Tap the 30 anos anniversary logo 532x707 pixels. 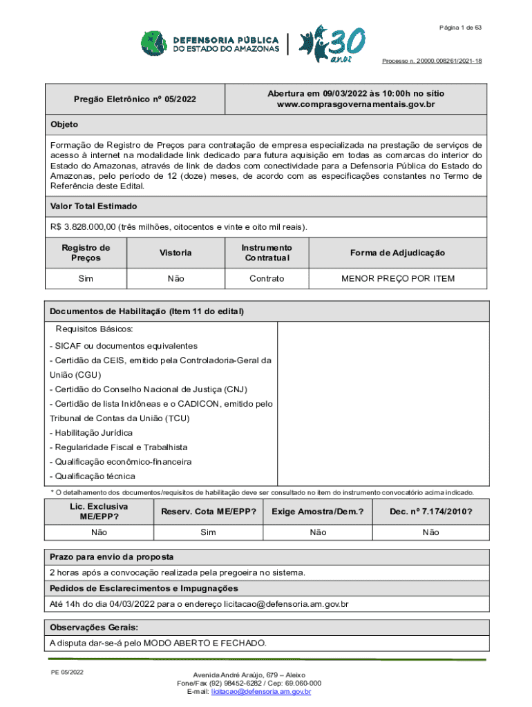(331, 44)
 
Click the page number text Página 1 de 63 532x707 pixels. (459, 27)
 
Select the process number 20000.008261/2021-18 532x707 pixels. (432, 61)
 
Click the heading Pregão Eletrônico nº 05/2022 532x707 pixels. (135, 99)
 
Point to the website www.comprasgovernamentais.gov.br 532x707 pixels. (356, 104)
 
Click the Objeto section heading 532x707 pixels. (64, 124)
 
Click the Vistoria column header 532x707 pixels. (175, 253)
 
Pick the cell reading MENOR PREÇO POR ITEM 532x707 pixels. (397, 279)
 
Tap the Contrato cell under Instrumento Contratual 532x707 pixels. (267, 279)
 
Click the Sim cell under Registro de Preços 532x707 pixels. (86, 279)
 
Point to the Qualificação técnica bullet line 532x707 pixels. (93, 476)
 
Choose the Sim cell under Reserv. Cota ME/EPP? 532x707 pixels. (208, 532)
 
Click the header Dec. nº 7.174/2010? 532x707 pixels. (430, 512)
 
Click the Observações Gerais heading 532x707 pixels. (93, 627)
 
